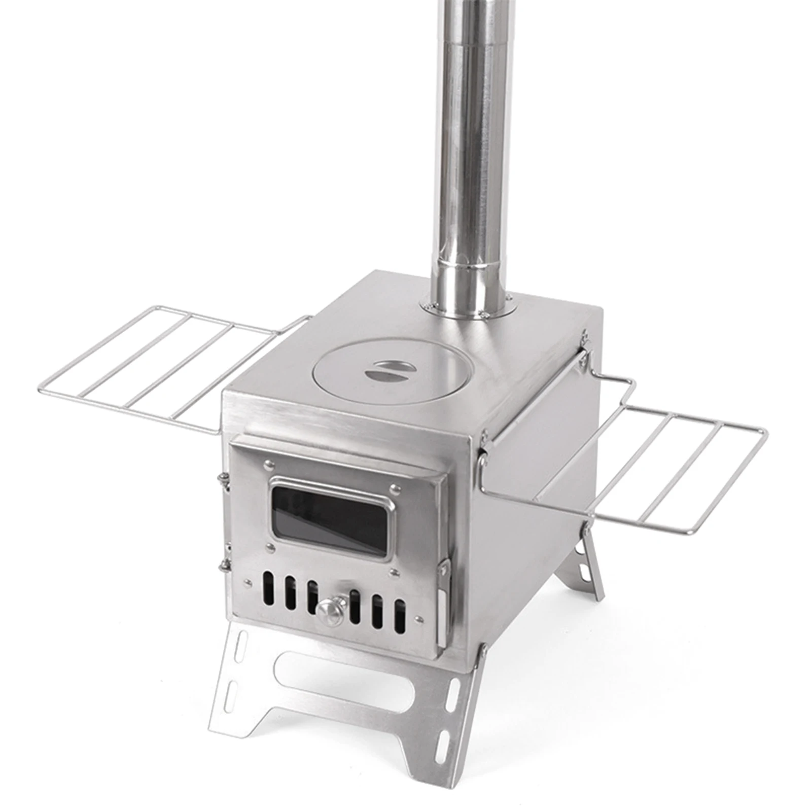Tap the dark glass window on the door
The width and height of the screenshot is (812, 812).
click(330, 517)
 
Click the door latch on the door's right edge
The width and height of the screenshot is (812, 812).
click(443, 604)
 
